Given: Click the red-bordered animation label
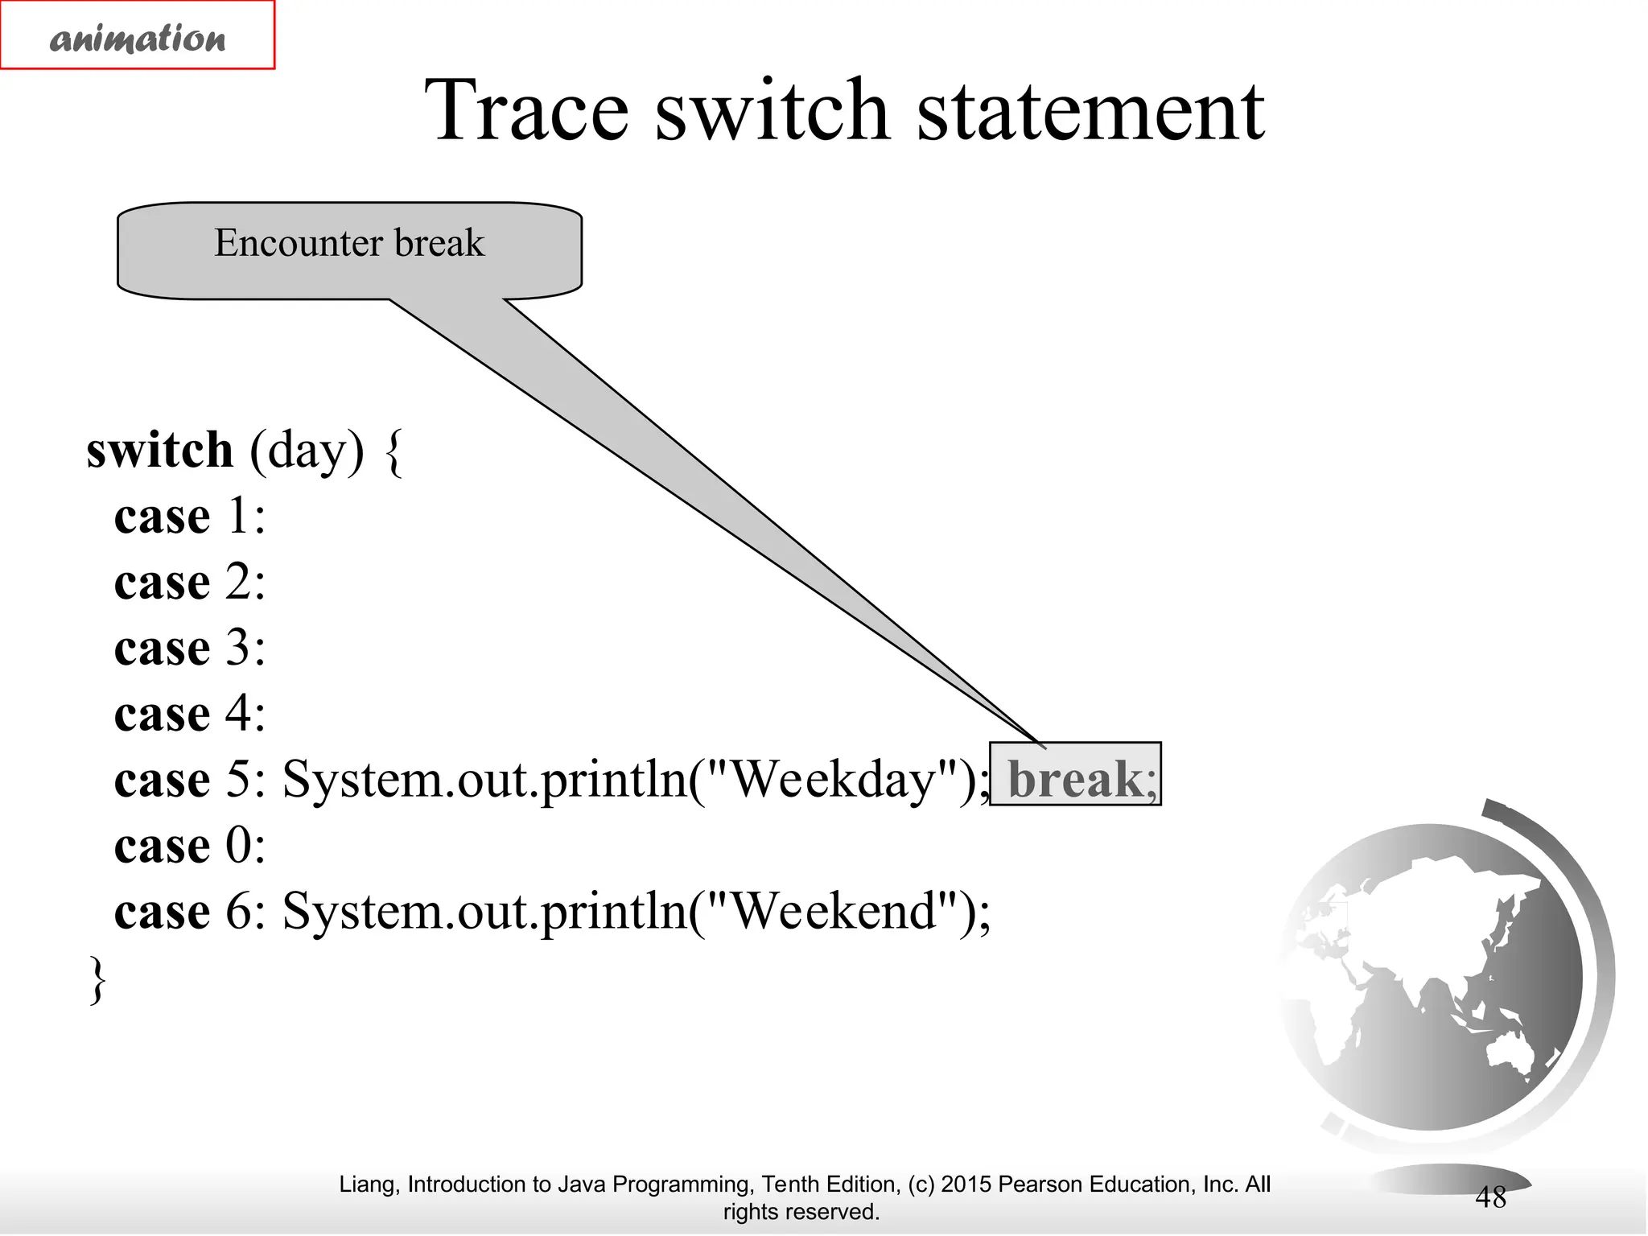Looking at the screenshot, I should [138, 36].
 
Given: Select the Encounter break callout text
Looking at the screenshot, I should [349, 243].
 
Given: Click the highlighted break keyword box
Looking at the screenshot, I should [1075, 775].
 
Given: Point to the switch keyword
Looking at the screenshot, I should [159, 450].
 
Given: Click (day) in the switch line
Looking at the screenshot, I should [307, 451].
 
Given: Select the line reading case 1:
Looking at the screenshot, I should [190, 516].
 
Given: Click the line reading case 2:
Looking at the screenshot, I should [190, 582].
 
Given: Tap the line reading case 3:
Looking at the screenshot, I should [190, 648].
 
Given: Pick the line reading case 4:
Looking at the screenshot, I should [190, 714].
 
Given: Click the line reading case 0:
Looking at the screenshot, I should [190, 846].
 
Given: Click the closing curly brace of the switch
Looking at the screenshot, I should [97, 979].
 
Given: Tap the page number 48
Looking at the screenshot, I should [1489, 1197].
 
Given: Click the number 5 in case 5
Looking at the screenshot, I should [238, 779].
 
